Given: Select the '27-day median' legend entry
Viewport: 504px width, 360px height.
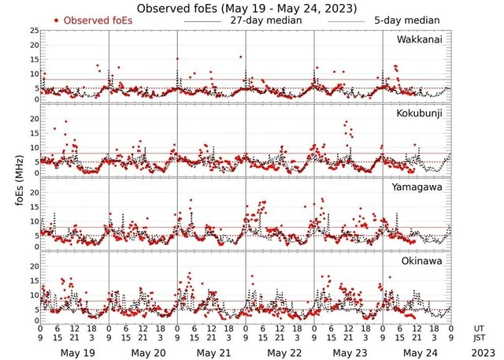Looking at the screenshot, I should [x=261, y=20].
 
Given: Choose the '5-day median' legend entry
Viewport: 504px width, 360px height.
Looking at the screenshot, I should [x=409, y=20].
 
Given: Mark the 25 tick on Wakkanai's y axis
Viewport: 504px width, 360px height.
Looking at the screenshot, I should [x=35, y=31].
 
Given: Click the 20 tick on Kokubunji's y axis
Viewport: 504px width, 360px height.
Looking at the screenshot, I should [x=35, y=118].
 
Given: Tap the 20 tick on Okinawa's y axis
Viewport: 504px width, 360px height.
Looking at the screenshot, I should [x=35, y=266].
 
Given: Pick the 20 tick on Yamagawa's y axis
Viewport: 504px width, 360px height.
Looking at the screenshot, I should [x=35, y=192].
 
